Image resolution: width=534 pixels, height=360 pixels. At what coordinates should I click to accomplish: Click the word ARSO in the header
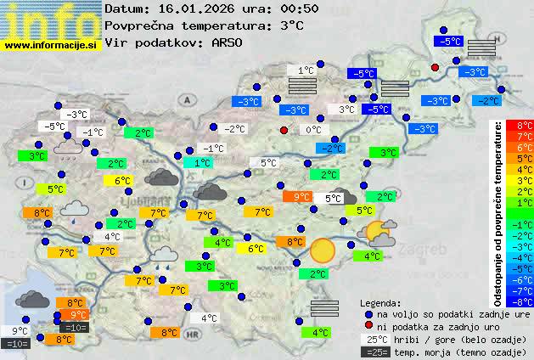pyautogui.click(x=231, y=42)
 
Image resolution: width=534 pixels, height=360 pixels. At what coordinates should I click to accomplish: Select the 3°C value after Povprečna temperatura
pyautogui.click(x=292, y=25)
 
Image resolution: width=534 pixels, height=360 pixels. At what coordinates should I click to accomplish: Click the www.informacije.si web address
pyautogui.click(x=52, y=45)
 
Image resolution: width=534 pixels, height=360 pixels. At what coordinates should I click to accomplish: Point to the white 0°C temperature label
pyautogui.click(x=313, y=130)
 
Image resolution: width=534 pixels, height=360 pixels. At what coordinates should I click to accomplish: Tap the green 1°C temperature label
pyautogui.click(x=202, y=162)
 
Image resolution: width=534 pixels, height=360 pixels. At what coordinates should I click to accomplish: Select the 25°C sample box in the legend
pyautogui.click(x=374, y=340)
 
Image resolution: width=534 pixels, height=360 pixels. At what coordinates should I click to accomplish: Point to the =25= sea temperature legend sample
pyautogui.click(x=374, y=352)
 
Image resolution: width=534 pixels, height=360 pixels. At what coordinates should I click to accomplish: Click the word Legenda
pyautogui.click(x=381, y=303)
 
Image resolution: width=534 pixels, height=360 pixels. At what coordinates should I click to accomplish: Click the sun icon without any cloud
pyautogui.click(x=322, y=250)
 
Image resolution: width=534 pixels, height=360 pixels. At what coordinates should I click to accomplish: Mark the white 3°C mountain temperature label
pyautogui.click(x=347, y=110)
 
